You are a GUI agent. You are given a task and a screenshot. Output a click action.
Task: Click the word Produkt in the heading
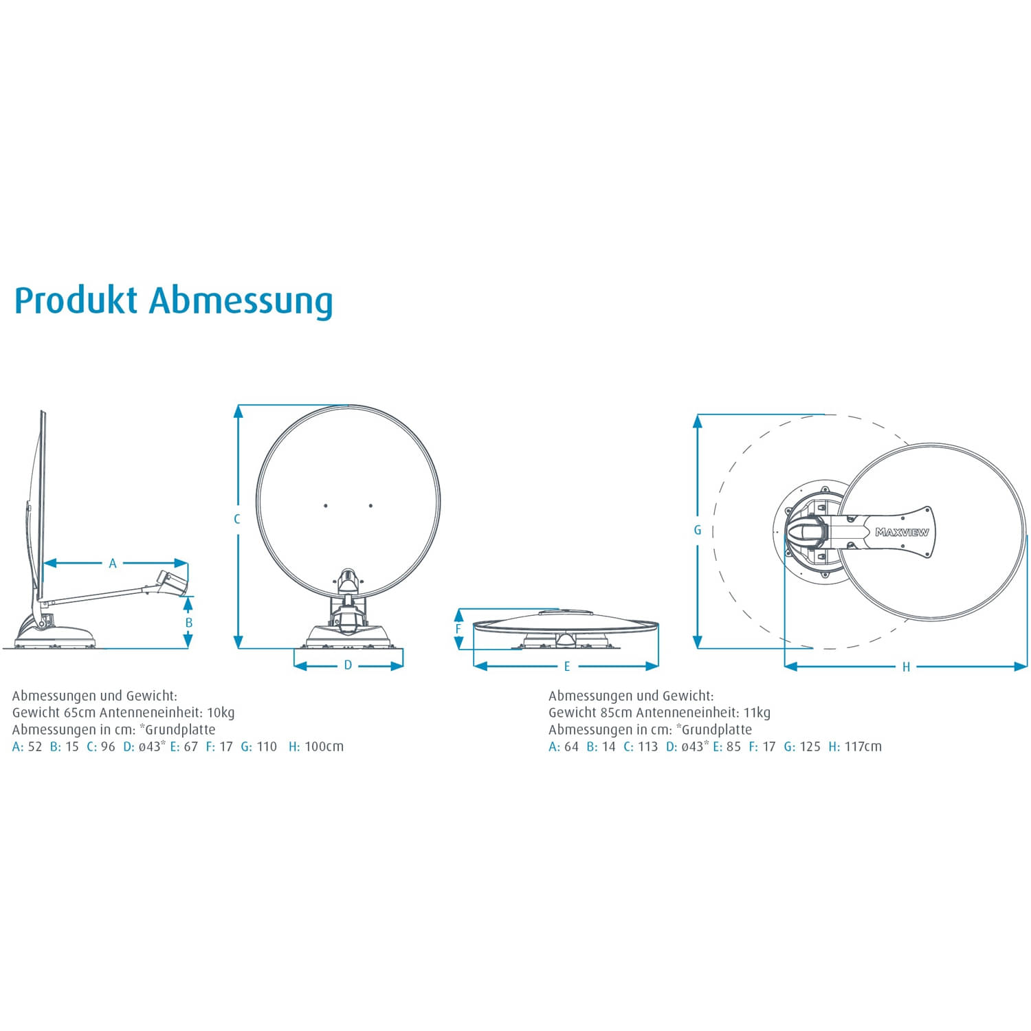pyautogui.click(x=76, y=301)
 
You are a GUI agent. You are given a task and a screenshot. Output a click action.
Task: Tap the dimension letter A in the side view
pyautogui.click(x=113, y=564)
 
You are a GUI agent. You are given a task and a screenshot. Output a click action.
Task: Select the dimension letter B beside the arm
pyautogui.click(x=189, y=623)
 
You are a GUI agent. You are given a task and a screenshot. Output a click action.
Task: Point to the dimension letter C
pyautogui.click(x=237, y=519)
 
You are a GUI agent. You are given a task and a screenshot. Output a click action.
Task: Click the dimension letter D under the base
pyautogui.click(x=348, y=665)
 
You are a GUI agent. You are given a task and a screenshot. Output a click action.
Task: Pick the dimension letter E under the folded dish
pyautogui.click(x=567, y=666)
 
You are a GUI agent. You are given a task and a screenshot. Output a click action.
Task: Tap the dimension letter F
pyautogui.click(x=458, y=629)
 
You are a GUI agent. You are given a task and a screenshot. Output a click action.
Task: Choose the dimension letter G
pyautogui.click(x=698, y=530)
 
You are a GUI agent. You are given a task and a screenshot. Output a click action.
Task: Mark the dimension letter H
pyautogui.click(x=906, y=667)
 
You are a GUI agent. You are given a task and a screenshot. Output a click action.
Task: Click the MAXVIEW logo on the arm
pyautogui.click(x=902, y=532)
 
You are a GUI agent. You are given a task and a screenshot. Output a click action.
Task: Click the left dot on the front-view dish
pyautogui.click(x=326, y=506)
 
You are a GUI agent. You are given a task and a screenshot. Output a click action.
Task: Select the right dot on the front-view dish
pyautogui.click(x=370, y=506)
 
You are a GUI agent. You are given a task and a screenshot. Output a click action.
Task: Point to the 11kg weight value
pyautogui.click(x=757, y=713)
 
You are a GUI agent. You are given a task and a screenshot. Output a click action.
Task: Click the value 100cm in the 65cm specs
pyautogui.click(x=324, y=746)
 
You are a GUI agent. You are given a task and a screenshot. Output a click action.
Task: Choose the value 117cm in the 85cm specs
pyautogui.click(x=863, y=746)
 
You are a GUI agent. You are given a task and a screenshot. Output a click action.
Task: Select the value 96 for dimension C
pyautogui.click(x=108, y=746)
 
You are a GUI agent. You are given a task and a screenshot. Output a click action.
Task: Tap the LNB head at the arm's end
pyautogui.click(x=172, y=581)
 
